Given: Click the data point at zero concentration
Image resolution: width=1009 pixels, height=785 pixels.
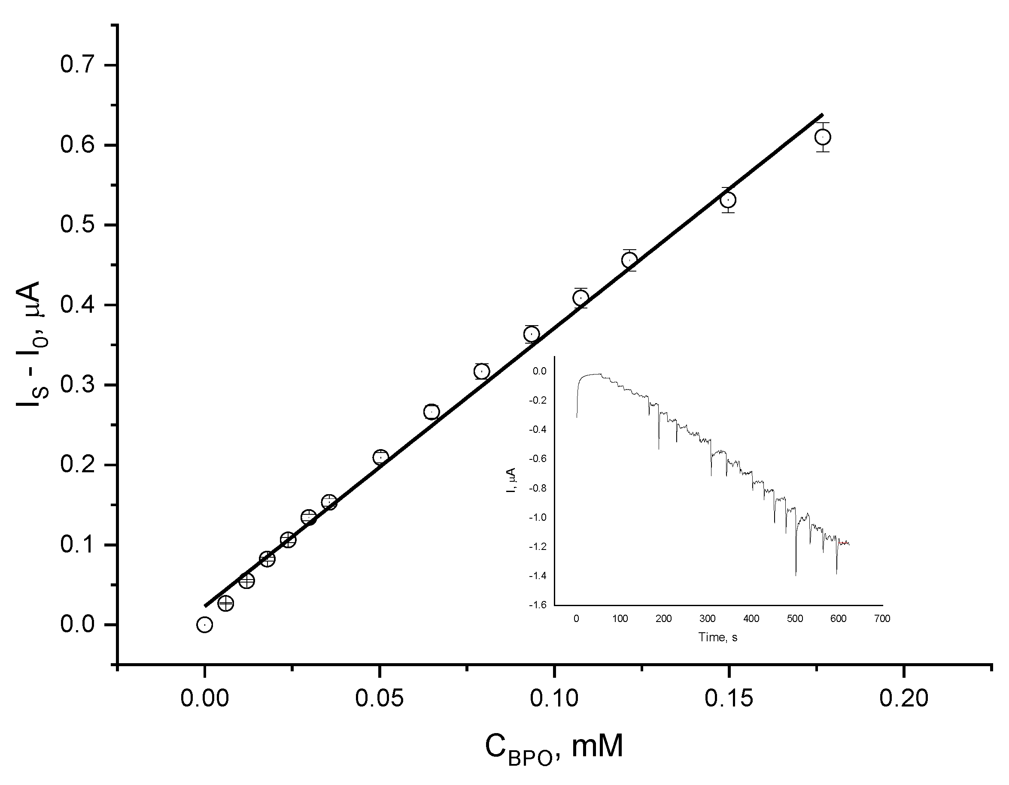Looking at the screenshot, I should pos(204,625).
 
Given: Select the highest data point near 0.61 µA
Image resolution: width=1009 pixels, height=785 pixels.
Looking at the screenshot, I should pos(822,137).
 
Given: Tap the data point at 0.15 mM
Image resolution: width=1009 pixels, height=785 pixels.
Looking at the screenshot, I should pos(728,200).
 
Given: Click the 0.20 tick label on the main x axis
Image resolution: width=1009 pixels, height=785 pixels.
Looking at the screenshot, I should pos(903,698).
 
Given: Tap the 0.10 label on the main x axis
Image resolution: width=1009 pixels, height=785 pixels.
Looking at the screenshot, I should pos(554,698).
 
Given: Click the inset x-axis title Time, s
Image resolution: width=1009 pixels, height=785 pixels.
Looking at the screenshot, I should pos(718,637).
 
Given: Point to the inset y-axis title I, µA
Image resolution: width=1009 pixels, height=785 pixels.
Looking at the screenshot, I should pos(511,480).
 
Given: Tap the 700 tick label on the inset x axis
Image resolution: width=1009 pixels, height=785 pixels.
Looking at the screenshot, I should pos(882,619).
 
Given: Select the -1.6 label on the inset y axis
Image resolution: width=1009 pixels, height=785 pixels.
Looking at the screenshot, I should pos(538,604).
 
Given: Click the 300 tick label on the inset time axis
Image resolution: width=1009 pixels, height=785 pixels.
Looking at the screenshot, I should pos(707,619).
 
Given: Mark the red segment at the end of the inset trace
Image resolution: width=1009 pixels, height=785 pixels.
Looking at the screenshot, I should pos(844,543).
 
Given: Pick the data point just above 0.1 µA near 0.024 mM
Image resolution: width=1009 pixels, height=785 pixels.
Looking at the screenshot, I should pos(288,540).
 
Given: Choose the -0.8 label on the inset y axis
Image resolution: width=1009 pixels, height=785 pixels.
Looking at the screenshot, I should pos(538,488).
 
